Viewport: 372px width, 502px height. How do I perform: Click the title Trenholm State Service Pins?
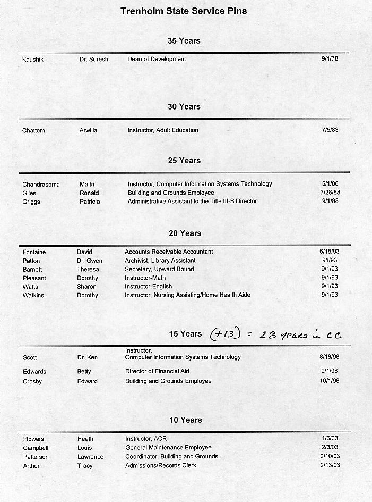[184, 11]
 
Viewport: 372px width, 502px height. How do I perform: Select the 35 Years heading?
[184, 40]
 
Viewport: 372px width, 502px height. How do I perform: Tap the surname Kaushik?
[33, 60]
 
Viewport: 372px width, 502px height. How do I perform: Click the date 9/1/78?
[330, 59]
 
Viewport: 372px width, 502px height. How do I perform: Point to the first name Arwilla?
[89, 130]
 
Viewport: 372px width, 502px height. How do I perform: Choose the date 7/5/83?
[330, 130]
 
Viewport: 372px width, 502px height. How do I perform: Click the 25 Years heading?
[184, 161]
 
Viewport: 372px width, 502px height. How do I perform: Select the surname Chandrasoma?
[41, 185]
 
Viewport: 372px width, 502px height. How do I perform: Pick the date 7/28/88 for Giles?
[330, 193]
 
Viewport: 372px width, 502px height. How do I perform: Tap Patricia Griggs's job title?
[192, 202]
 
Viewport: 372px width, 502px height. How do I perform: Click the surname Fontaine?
[34, 252]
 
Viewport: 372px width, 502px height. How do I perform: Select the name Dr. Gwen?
[90, 261]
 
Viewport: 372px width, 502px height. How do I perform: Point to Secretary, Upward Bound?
[159, 269]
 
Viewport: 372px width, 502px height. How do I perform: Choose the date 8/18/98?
[329, 357]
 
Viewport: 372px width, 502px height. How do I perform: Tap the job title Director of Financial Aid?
[157, 371]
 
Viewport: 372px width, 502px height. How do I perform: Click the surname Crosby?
[32, 381]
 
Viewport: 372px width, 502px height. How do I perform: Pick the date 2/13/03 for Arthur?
[330, 465]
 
